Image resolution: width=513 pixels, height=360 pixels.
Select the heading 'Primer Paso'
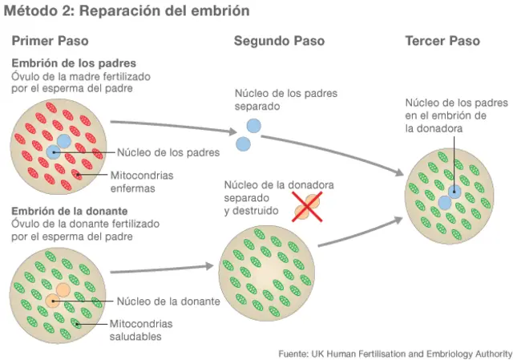(x=50, y=41)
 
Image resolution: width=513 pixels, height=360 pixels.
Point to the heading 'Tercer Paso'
(x=442, y=41)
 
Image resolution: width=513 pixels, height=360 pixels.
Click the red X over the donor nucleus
(x=306, y=206)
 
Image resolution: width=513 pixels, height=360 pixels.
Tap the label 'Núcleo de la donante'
(x=168, y=301)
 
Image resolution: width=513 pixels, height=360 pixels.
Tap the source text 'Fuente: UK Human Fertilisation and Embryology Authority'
(x=394, y=353)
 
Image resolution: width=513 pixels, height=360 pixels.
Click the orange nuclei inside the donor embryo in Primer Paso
(x=58, y=295)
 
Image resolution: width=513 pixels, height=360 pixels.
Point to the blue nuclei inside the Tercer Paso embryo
(x=450, y=196)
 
